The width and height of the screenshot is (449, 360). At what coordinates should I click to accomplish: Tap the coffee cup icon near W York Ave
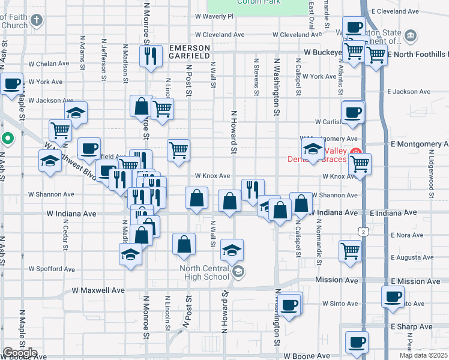point(11,83)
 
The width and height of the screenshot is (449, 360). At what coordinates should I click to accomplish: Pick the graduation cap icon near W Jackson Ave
point(76,112)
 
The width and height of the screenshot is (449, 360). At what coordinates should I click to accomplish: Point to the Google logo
point(20,353)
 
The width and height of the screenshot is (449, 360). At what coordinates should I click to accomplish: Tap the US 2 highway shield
point(361,232)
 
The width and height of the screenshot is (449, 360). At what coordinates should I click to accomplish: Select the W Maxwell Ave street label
point(98,290)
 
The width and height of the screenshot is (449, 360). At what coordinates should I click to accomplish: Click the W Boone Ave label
point(307,356)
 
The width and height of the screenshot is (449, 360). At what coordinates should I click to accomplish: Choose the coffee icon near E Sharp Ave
point(357,341)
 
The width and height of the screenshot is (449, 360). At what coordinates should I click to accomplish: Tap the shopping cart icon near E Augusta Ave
point(350,250)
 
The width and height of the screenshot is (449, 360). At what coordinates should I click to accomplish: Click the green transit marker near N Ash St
point(7,139)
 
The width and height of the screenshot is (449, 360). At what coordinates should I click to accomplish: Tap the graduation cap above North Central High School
point(232,249)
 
